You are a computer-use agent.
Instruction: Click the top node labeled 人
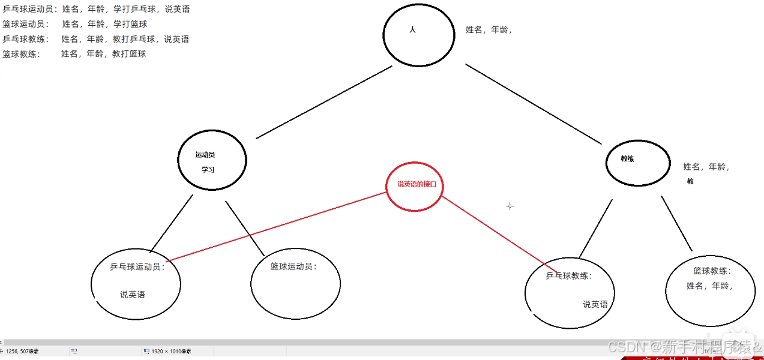click(418, 35)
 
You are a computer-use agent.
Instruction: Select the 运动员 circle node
click(212, 160)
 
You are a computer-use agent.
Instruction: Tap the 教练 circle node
click(637, 163)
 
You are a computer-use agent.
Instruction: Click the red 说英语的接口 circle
click(414, 186)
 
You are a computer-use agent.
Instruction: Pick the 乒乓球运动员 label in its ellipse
click(137, 267)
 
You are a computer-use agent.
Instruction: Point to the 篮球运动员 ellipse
click(295, 284)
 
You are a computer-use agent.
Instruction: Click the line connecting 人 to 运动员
click(324, 102)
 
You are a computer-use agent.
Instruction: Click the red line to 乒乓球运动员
click(276, 227)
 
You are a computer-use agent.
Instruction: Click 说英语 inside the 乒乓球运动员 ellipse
click(132, 295)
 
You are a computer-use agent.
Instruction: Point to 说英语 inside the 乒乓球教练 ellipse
click(595, 304)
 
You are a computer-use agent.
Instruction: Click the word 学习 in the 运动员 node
click(208, 170)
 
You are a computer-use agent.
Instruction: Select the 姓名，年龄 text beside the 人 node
click(488, 30)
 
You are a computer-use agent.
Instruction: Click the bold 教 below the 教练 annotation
click(690, 181)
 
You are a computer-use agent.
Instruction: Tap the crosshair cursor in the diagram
click(510, 206)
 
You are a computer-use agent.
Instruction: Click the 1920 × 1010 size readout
click(170, 351)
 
